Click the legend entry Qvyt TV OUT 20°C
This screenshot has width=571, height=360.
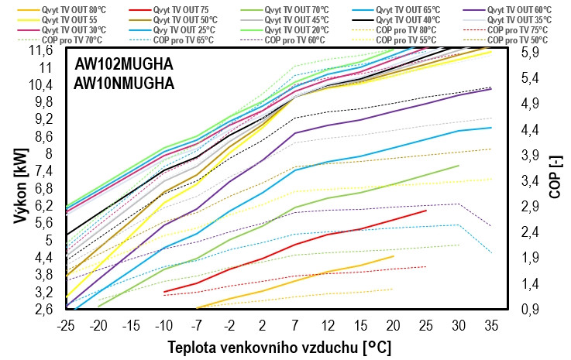tap(298, 29)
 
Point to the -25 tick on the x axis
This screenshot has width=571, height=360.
tap(67, 324)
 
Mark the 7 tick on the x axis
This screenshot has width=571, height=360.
tap(295, 324)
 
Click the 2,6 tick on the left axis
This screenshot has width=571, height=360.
tap(43, 310)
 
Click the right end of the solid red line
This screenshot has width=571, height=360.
tap(426, 211)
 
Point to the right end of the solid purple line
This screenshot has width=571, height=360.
tap(491, 89)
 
